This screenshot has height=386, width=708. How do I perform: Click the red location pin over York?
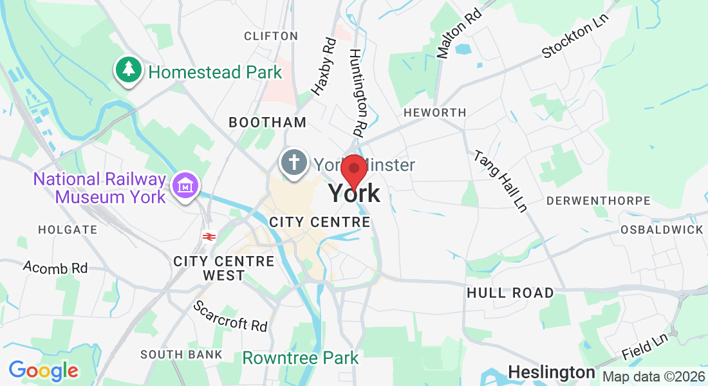[353, 169]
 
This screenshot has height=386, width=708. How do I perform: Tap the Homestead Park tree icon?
[129, 69]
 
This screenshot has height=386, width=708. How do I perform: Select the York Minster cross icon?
[293, 161]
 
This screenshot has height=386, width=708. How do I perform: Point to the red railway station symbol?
[208, 236]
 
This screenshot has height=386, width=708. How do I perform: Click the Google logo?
[43, 371]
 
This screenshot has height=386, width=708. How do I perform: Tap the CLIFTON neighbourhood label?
[271, 36]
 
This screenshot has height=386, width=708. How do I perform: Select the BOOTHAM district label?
[268, 122]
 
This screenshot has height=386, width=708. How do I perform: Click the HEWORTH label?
[434, 113]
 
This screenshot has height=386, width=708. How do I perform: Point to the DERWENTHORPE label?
[599, 201]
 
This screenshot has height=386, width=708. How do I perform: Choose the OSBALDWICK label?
[662, 230]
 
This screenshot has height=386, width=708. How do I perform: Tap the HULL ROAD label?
[510, 293]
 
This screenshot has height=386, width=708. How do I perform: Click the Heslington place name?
[552, 372]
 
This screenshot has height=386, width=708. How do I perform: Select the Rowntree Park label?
[301, 358]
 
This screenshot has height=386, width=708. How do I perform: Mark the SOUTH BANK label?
[182, 354]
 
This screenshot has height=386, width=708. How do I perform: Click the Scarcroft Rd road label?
[230, 316]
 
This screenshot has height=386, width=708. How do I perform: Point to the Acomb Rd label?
[55, 267]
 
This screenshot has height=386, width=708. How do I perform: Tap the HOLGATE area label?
[68, 230]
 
